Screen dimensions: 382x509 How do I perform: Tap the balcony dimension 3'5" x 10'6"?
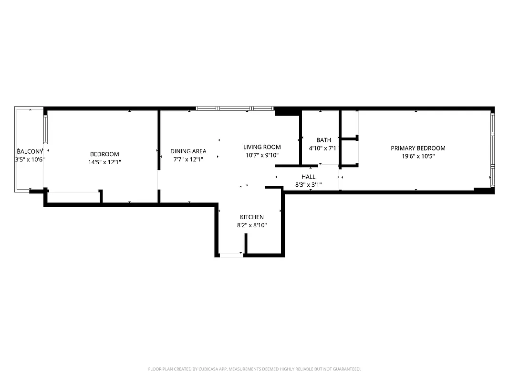click(x=30, y=159)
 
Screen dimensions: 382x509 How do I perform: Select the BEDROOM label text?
click(x=104, y=154)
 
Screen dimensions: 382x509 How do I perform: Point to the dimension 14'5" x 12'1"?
click(x=104, y=162)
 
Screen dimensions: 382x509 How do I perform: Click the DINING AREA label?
click(x=188, y=151)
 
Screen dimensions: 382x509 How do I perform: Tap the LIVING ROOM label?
click(x=262, y=147)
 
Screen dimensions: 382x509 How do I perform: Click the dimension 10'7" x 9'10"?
click(x=262, y=155)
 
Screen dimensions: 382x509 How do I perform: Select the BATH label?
click(x=323, y=140)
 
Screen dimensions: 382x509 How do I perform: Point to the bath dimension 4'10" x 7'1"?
click(x=323, y=148)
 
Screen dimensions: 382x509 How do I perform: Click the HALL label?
click(x=308, y=177)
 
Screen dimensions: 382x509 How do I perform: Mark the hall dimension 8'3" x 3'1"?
click(x=308, y=184)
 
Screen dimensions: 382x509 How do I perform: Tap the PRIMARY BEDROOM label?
click(x=418, y=148)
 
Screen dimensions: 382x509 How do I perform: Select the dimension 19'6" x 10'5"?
click(x=418, y=156)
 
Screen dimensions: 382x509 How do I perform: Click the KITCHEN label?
click(x=251, y=217)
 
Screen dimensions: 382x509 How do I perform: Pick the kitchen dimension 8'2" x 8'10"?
click(x=251, y=225)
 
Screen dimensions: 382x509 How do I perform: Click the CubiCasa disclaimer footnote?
click(x=254, y=369)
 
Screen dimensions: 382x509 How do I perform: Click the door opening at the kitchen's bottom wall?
click(x=231, y=255)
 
